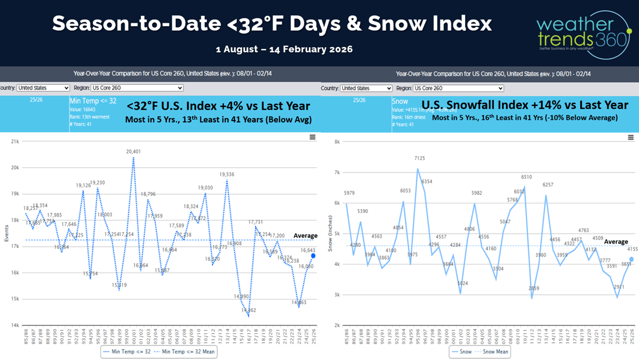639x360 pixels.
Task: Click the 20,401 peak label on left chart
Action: click(x=134, y=152)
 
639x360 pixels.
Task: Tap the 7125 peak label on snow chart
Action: click(x=419, y=158)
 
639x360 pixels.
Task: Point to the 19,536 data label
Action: click(x=227, y=174)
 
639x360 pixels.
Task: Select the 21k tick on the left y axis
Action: click(x=15, y=141)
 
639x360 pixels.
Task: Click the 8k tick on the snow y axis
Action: click(x=337, y=141)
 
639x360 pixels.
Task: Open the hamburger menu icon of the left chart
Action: click(x=312, y=137)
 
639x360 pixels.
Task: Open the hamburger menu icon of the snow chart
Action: click(x=631, y=137)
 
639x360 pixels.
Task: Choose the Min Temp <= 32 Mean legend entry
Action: click(x=185, y=352)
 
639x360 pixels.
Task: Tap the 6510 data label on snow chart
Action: click(x=526, y=177)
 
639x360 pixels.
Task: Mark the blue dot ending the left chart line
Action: click(x=313, y=256)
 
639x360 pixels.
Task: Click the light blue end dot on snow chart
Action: click(x=632, y=259)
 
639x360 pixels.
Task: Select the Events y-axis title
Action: click(x=6, y=233)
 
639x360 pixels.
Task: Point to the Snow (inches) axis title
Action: click(x=330, y=233)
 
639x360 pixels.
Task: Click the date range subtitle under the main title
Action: click(x=284, y=49)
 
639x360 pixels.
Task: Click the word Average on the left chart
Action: click(x=305, y=236)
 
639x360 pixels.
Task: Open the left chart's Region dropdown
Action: click(x=137, y=88)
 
